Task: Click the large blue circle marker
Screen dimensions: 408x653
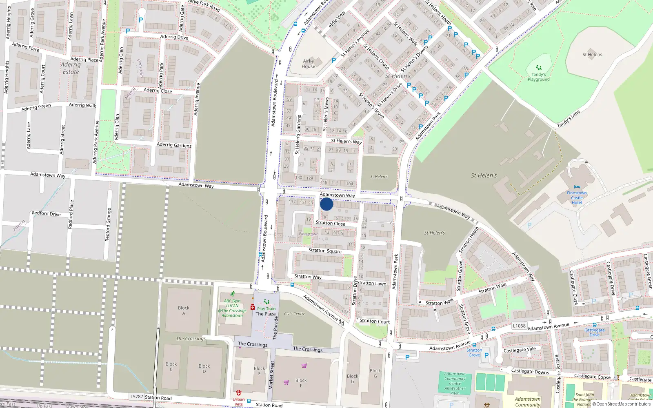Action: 326,204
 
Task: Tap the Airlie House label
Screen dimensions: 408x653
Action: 309,64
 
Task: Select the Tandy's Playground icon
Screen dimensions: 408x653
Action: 539,68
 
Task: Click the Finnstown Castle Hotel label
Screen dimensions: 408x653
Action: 577,197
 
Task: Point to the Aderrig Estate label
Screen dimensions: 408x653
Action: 71,68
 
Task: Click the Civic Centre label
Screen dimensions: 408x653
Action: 295,314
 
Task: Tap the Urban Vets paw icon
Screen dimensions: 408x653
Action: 239,393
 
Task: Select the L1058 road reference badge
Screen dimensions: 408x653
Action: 519,326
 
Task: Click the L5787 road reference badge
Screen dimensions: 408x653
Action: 137,396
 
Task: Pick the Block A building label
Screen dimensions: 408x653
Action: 184,310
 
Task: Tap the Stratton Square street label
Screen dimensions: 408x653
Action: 325,251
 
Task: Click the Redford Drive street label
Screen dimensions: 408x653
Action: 46,213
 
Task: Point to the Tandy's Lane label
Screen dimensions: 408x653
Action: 568,119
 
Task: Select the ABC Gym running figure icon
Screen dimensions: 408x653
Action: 232,294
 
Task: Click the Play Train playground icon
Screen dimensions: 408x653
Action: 267,302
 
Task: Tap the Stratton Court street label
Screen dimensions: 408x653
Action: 375,321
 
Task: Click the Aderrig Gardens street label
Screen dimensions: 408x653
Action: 174,145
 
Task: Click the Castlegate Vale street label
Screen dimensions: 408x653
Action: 520,350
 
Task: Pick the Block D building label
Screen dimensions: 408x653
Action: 204,368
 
